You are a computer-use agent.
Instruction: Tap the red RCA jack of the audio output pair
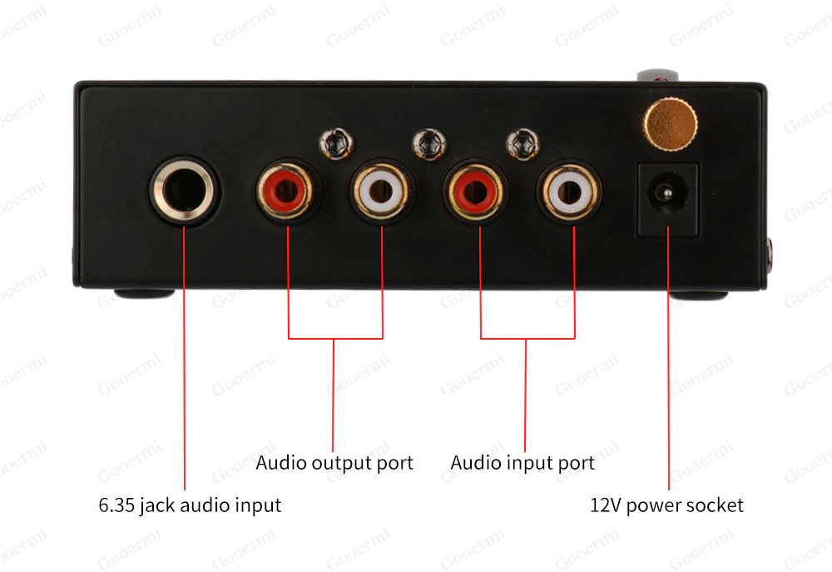(x=287, y=193)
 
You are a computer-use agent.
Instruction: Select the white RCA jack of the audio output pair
(x=382, y=193)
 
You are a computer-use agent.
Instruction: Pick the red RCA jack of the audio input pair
(x=478, y=193)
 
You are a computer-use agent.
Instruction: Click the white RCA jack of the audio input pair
(x=573, y=193)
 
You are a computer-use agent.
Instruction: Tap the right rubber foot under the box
(x=699, y=295)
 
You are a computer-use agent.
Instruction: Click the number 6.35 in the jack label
(x=116, y=505)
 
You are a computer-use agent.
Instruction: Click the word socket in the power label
(x=716, y=505)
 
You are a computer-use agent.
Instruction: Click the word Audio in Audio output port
(x=280, y=462)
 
